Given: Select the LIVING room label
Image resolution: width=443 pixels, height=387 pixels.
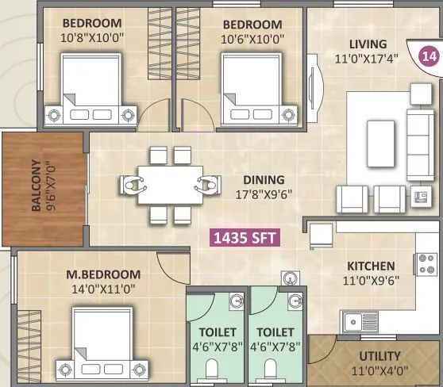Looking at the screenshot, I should [366, 44].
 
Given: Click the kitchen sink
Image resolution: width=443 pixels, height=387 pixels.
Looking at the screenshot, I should [362, 321].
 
